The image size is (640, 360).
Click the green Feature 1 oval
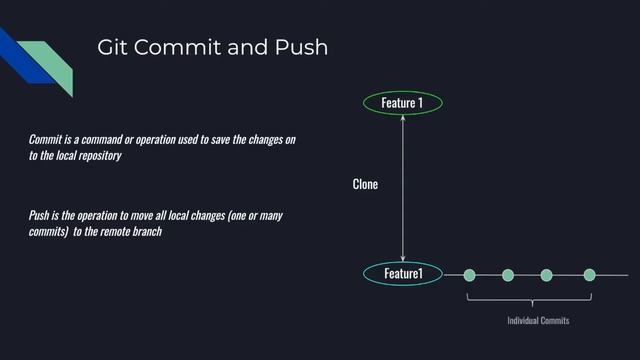pos(402,102)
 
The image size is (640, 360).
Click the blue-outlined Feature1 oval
pos(402,273)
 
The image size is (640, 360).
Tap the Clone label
pos(365,185)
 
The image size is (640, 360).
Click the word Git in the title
pos(113,48)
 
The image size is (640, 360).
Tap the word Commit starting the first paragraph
pos(48,138)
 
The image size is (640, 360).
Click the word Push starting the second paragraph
pos(40,216)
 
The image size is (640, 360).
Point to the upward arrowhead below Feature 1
pos(402,120)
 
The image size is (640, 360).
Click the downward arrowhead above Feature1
pos(402,256)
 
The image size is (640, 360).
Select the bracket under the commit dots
pos(530,298)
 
